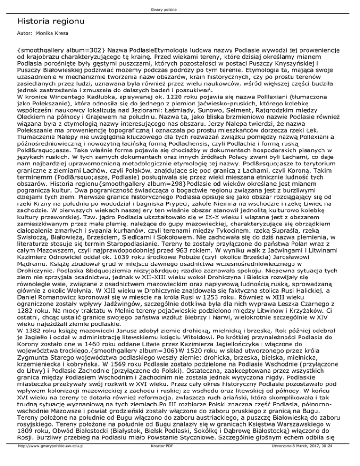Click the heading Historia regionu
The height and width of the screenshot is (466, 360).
(x=50, y=21)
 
